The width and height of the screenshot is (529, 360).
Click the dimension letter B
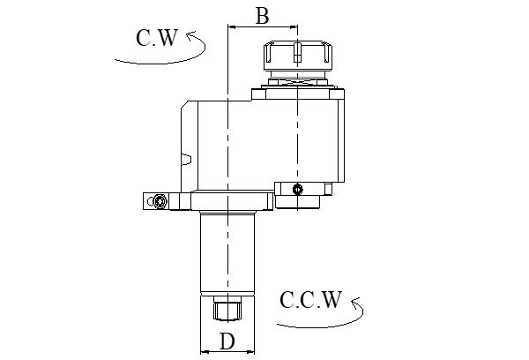261,15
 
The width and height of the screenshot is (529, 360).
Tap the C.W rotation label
157,38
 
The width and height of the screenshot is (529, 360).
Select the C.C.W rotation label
310,301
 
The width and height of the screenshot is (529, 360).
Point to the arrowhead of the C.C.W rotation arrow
355,303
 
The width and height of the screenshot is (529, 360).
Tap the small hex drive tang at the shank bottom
227,311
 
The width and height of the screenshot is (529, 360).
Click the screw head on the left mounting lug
160,203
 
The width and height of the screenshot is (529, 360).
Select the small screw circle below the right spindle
298,189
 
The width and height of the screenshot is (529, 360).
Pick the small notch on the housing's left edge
186,160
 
